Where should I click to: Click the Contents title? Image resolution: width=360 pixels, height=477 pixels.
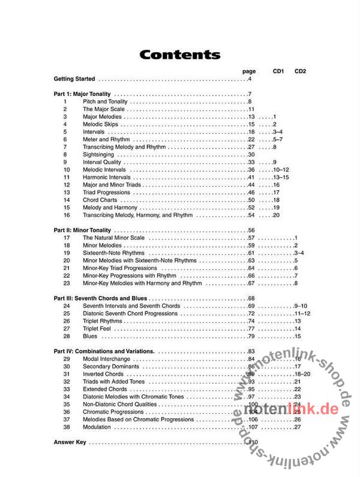pyautogui.click(x=179, y=55)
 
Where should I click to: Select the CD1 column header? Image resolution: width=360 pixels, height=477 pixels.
pyautogui.click(x=278, y=71)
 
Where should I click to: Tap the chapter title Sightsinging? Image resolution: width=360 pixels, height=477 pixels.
pyautogui.click(x=99, y=155)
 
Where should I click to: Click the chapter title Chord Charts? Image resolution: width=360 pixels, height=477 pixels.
pyautogui.click(x=100, y=200)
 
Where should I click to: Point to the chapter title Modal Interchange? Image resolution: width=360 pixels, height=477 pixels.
pyautogui.click(x=106, y=359)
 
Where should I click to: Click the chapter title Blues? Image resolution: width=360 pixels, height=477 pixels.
pyautogui.click(x=90, y=336)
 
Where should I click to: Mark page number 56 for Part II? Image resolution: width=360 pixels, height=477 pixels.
pyautogui.click(x=251, y=230)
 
